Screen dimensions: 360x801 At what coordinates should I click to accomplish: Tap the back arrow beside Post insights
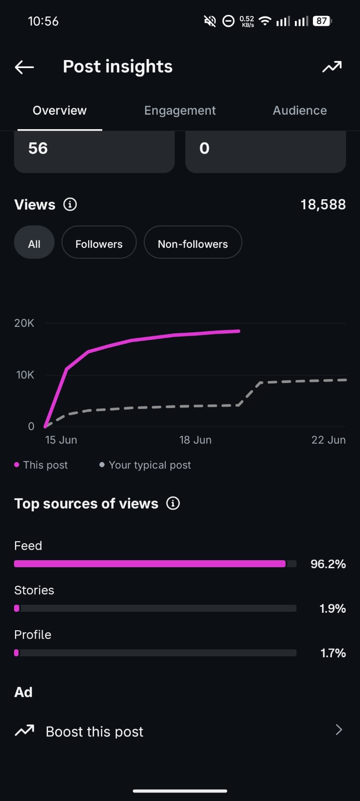(25, 67)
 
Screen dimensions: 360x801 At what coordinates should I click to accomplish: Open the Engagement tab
(180, 111)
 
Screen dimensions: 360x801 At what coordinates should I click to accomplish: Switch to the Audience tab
(299, 111)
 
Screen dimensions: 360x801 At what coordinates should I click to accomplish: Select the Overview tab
(60, 111)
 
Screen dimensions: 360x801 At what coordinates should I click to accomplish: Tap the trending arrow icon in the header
(332, 67)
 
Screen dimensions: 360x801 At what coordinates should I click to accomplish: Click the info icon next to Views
(70, 205)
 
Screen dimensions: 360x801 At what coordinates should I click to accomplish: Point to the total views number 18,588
(323, 205)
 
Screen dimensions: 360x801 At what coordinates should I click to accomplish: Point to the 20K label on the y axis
(25, 323)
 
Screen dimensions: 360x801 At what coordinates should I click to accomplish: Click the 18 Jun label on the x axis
(195, 440)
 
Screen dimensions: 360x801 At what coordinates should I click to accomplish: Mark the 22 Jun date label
(328, 440)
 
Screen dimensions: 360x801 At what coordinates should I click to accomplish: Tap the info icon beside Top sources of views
(173, 504)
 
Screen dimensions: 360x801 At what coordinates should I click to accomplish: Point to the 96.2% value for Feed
(328, 564)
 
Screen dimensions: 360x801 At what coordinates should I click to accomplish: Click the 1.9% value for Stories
(332, 608)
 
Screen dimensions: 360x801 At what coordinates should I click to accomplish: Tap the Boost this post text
(94, 731)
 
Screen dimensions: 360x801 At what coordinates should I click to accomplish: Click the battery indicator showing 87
(322, 21)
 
